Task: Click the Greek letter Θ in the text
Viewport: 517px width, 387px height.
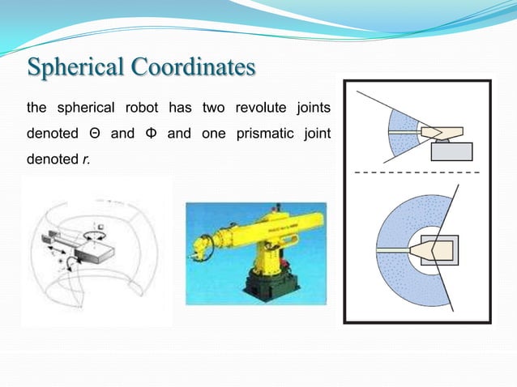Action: click(94, 134)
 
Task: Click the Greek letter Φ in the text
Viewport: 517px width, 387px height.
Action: click(151, 134)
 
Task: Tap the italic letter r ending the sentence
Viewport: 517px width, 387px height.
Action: click(85, 159)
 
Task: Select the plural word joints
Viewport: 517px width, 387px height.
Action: click(314, 108)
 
